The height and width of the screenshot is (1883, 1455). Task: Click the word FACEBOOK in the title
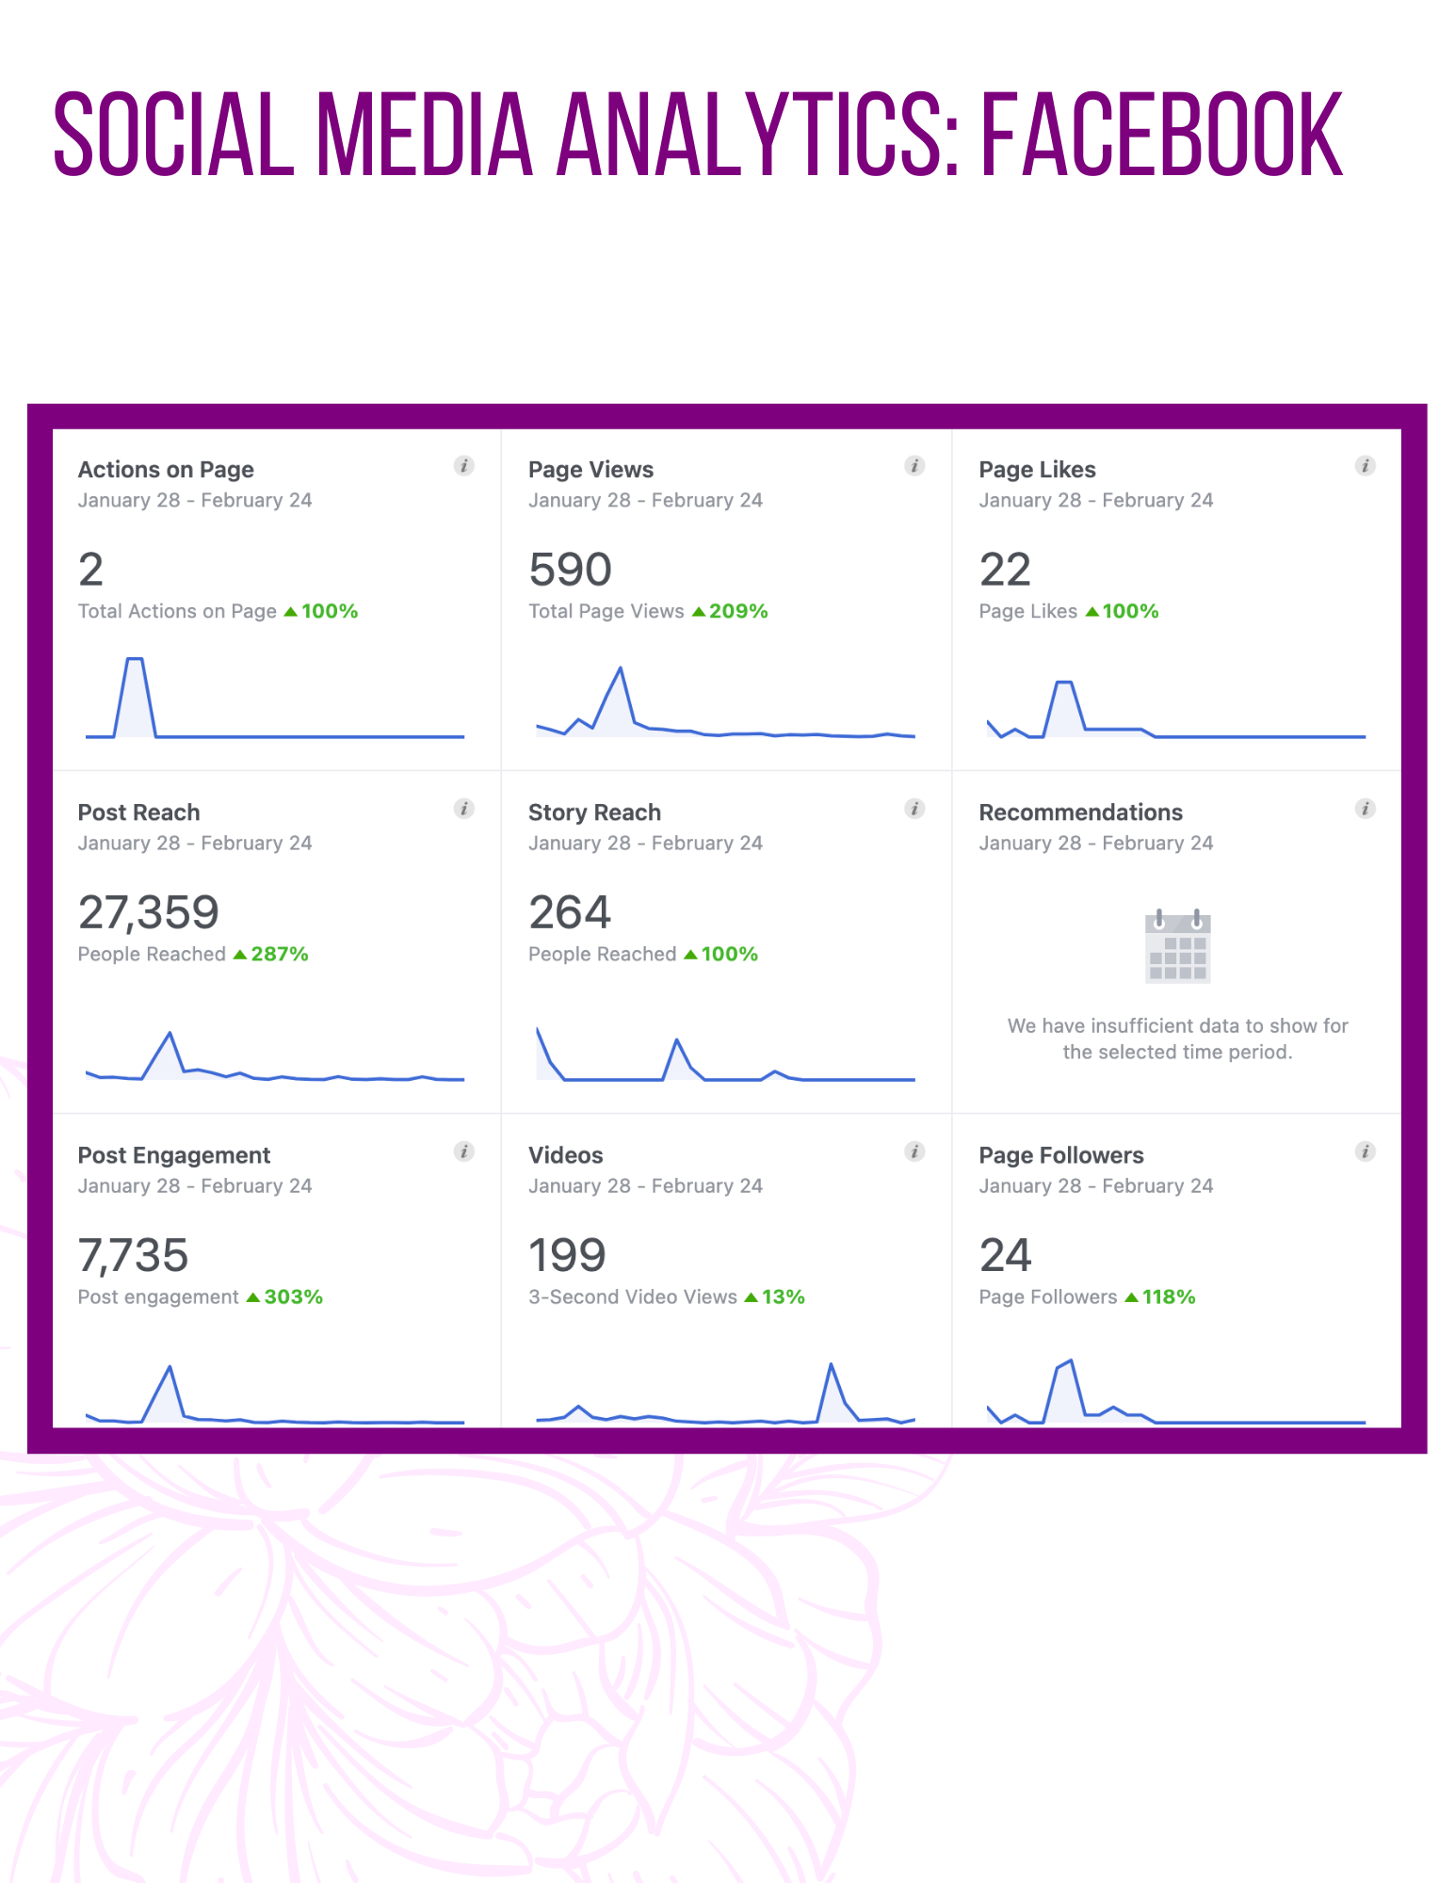click(x=1162, y=134)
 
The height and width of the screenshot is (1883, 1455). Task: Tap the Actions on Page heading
click(x=166, y=469)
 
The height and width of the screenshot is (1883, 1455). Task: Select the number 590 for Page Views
click(x=570, y=570)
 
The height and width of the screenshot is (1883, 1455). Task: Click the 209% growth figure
click(x=738, y=611)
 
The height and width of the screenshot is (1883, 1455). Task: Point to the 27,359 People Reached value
click(x=148, y=912)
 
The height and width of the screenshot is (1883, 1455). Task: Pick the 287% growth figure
click(x=280, y=954)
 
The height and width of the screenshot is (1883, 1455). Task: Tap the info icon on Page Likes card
click(x=1365, y=465)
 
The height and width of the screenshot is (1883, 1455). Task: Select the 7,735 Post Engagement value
click(x=133, y=1255)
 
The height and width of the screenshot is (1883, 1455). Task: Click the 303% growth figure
click(x=293, y=1296)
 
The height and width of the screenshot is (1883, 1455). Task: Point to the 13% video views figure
click(x=784, y=1296)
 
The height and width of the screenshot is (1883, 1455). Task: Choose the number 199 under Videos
click(x=567, y=1255)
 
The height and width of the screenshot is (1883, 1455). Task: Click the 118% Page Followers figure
click(x=1169, y=1296)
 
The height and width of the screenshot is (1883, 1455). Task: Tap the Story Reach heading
click(x=594, y=813)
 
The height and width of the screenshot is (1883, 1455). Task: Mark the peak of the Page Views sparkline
click(x=621, y=668)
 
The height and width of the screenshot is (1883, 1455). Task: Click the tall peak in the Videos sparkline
click(x=831, y=1364)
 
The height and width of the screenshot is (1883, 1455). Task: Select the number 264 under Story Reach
click(x=570, y=912)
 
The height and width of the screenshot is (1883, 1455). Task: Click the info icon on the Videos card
click(x=914, y=1151)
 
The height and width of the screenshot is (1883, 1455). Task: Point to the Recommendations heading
click(x=1080, y=813)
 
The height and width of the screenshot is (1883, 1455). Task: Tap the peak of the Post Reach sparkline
click(x=170, y=1033)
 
